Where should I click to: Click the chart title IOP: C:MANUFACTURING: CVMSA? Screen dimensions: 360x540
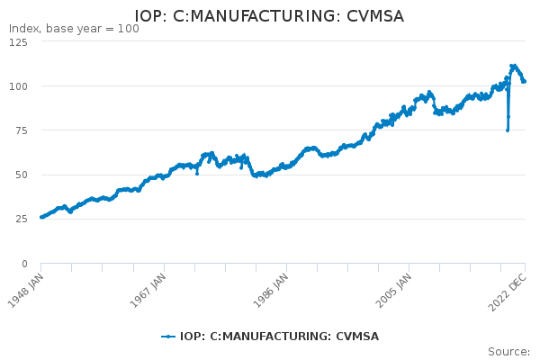[x=269, y=16]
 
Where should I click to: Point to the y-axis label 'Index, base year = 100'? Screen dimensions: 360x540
[x=74, y=29]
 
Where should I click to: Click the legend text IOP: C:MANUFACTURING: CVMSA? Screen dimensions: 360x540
[x=279, y=337]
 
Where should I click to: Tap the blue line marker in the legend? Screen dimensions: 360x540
[x=168, y=337]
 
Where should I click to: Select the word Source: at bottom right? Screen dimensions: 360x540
[x=508, y=351]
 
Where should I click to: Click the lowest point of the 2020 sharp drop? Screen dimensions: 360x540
[x=508, y=130]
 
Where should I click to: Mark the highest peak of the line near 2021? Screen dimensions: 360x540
[x=513, y=66]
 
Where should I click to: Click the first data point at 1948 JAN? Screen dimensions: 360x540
[x=41, y=217]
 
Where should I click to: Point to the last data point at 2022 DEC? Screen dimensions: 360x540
[x=524, y=82]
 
